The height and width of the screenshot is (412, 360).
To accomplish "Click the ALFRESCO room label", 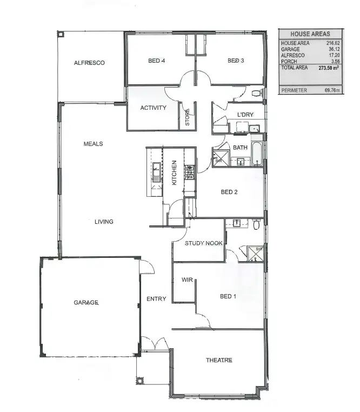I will [89, 63].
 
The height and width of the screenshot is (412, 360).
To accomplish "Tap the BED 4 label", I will [156, 61].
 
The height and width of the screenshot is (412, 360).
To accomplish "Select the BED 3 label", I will [236, 61].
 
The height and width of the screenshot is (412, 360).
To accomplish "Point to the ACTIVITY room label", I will [153, 108].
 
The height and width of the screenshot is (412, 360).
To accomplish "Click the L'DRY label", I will [245, 115].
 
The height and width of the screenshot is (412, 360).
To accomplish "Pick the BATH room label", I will [240, 148].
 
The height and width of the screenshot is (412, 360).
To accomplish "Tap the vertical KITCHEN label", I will [174, 173].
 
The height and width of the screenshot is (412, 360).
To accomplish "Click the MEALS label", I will [93, 144].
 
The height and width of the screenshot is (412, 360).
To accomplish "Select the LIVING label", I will [104, 221].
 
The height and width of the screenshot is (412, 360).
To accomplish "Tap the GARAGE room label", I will [86, 302].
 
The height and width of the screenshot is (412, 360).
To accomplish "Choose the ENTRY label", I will [156, 299].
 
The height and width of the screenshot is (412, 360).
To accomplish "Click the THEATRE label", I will [219, 360].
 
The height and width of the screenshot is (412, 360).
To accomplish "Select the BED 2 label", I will [229, 192].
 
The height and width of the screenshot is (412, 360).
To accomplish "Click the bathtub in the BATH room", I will [257, 154].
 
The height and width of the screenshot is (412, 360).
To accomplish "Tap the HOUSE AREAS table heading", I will [310, 34].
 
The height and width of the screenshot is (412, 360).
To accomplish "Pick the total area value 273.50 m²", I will [328, 68].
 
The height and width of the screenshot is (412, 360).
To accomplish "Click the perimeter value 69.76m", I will [331, 90].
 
